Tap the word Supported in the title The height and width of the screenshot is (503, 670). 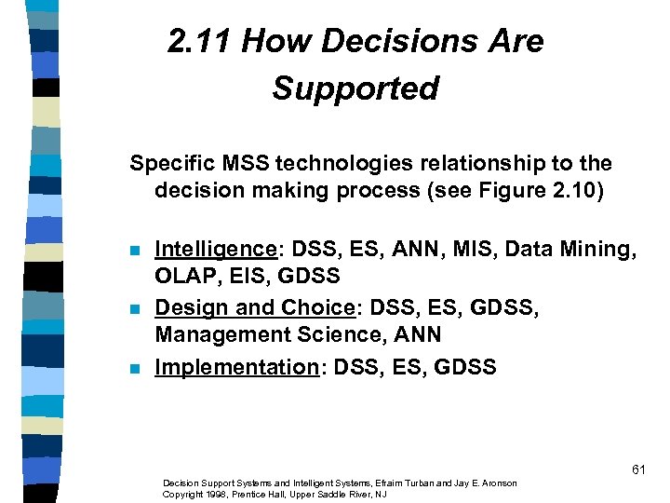click(x=355, y=88)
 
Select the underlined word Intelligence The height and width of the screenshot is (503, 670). click(x=213, y=249)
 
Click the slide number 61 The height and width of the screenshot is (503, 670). click(x=637, y=469)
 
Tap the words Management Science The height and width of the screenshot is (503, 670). click(x=253, y=333)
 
